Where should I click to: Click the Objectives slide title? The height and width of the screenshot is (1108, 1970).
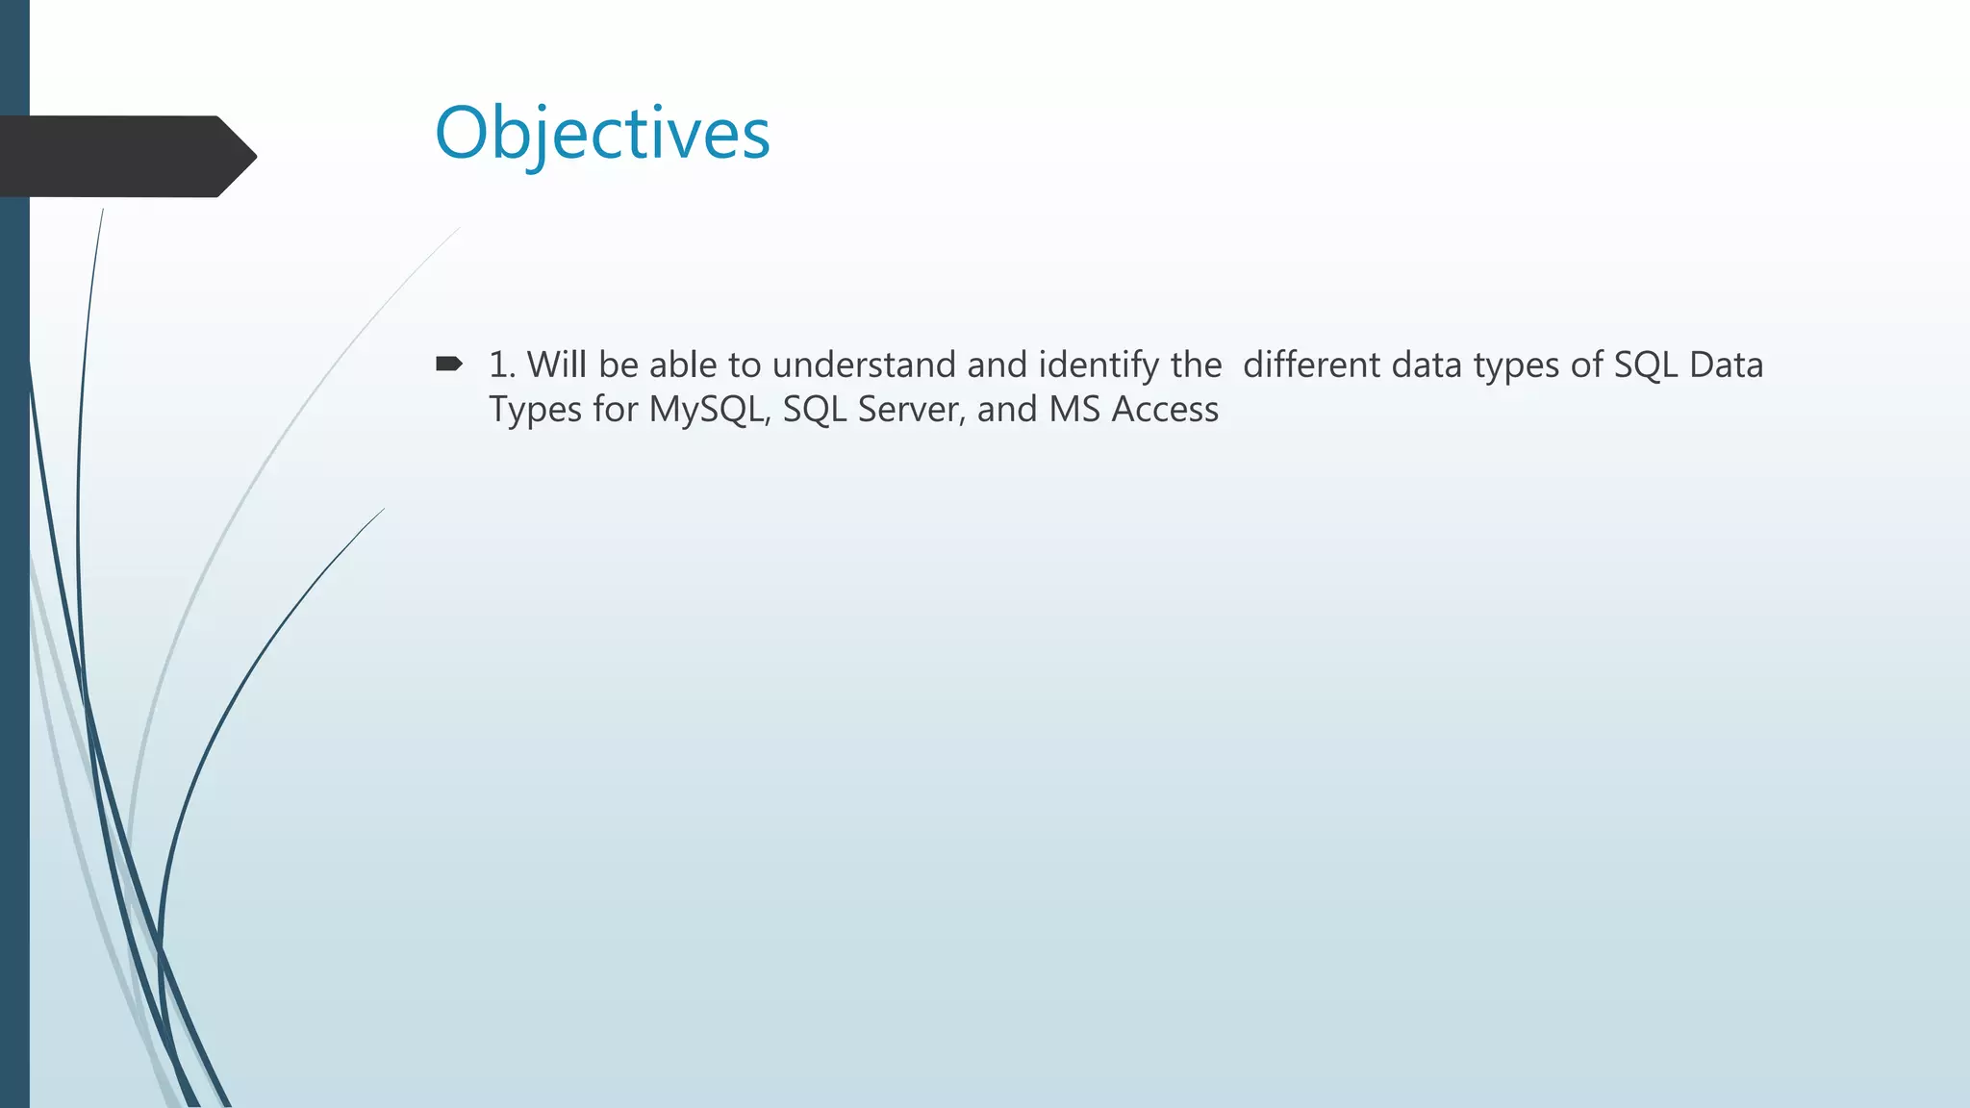click(x=602, y=133)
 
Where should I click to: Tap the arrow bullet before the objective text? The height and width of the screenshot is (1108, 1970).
click(x=448, y=364)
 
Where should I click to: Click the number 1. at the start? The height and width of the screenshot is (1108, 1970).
click(x=502, y=365)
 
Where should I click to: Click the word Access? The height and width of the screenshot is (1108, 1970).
click(x=1165, y=410)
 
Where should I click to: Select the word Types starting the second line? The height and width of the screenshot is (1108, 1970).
click(x=535, y=410)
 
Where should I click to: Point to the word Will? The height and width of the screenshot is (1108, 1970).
click(x=557, y=365)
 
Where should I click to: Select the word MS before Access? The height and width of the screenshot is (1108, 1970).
click(x=1074, y=410)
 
